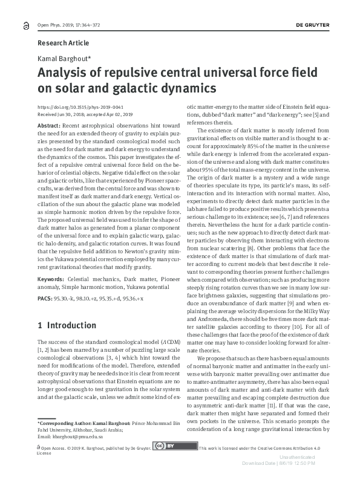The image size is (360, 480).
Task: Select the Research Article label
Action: [63, 44]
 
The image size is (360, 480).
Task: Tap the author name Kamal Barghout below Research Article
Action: [63, 59]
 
